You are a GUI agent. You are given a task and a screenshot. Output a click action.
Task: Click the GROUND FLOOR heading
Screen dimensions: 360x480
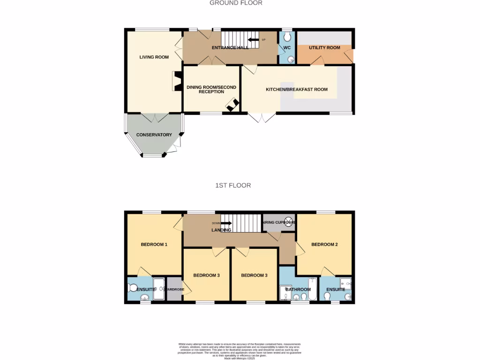click(x=236, y=3)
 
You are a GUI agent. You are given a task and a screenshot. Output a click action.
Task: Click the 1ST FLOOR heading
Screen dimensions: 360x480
click(x=233, y=186)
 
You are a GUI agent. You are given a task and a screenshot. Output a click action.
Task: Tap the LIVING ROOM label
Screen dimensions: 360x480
click(x=154, y=57)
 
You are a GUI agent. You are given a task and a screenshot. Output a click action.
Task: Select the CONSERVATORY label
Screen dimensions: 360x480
click(x=154, y=135)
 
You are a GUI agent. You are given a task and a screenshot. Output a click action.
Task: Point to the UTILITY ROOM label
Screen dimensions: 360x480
click(x=324, y=48)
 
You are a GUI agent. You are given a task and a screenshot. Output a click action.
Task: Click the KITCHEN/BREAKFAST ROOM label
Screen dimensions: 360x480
click(x=297, y=90)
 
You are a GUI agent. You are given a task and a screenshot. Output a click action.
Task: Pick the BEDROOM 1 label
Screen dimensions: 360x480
click(x=154, y=245)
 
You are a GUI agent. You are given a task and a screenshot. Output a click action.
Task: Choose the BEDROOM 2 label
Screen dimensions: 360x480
click(x=324, y=245)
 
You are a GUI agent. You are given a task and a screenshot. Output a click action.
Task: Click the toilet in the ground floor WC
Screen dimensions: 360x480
click(x=287, y=37)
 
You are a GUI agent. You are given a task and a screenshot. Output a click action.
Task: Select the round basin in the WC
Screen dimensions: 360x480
click(x=291, y=60)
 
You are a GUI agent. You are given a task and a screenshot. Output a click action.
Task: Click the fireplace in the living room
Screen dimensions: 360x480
click(x=177, y=81)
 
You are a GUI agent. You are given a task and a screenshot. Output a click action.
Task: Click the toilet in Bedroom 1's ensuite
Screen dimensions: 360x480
click(x=132, y=288)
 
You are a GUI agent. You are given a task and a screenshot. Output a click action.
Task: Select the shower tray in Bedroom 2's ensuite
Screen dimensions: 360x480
click(x=346, y=283)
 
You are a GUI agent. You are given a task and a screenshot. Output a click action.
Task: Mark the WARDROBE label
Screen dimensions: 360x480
click(x=175, y=289)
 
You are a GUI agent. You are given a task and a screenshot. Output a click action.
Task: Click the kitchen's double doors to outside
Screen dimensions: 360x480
click(x=262, y=117)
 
